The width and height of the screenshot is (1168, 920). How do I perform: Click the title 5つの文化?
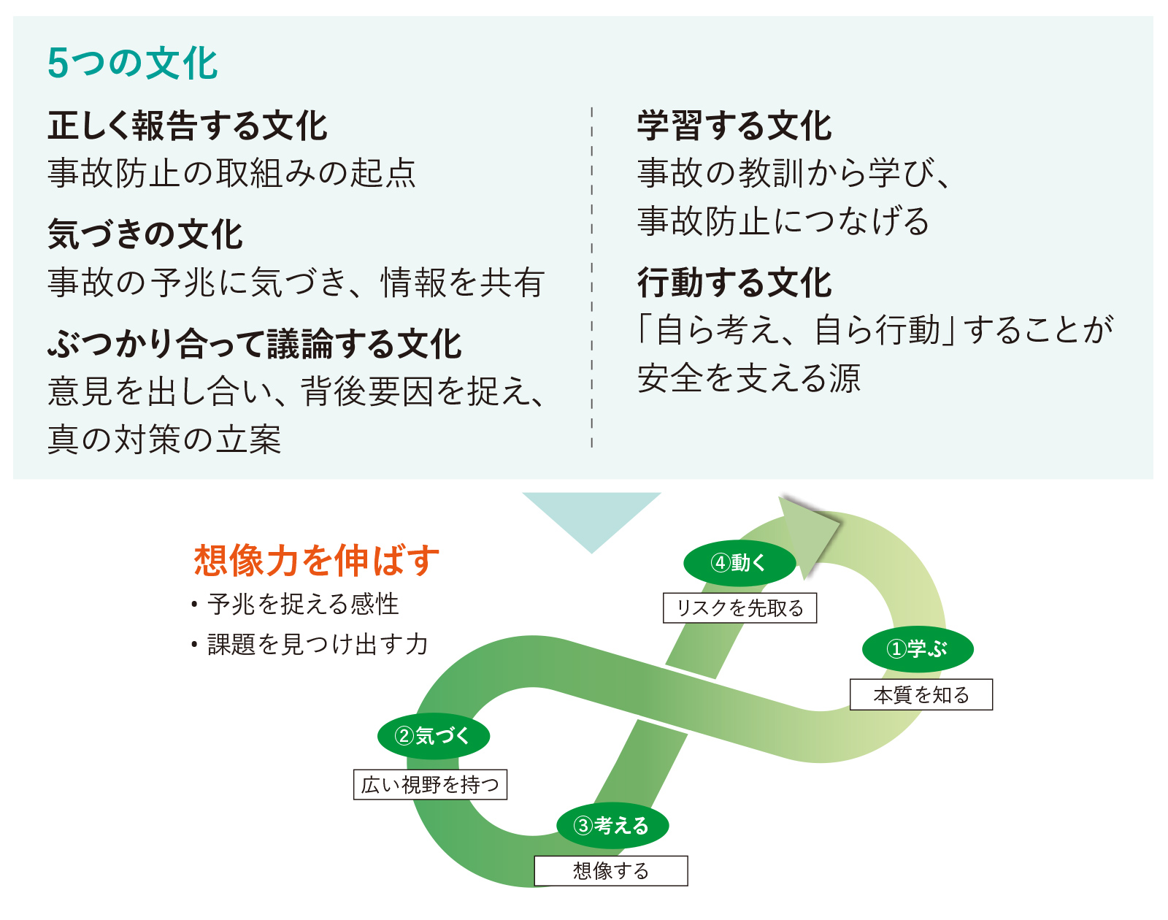pos(132,63)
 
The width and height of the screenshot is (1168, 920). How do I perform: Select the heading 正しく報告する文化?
pos(188,126)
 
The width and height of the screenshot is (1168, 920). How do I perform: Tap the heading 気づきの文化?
pos(145,234)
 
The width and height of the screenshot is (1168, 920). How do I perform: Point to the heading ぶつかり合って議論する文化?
pos(255,344)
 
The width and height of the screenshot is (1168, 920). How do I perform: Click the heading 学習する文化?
pos(734,126)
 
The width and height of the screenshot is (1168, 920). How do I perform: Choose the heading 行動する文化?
pos(734,283)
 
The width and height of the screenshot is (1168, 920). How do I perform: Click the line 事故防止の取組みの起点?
pos(231,173)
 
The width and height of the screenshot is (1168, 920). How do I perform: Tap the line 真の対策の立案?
pos(164,440)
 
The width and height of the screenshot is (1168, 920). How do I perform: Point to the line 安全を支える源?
pos(749,378)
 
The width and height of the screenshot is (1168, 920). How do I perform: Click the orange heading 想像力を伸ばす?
pos(317,561)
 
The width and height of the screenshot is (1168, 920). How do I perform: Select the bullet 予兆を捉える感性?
pos(302,605)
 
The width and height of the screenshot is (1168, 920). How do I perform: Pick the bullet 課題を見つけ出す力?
pos(317,644)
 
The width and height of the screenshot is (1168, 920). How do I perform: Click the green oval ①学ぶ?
pos(918,648)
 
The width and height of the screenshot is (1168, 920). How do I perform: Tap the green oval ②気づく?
pos(433,735)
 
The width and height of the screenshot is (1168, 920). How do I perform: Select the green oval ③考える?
pos(612,826)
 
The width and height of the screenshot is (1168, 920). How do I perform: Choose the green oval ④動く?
pos(739,562)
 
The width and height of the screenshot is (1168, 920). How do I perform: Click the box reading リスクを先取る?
pos(739,607)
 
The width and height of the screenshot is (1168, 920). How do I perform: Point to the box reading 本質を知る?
pos(921,694)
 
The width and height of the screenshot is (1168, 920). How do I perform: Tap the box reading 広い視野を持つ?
pos(430,784)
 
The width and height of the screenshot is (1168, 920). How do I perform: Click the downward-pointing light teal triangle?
pos(592,515)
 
